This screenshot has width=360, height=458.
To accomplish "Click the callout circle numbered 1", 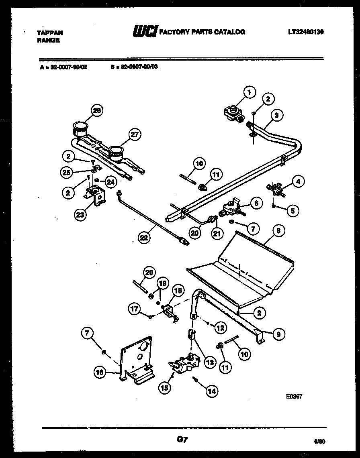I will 249,93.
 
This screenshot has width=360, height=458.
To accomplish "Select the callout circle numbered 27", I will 135,134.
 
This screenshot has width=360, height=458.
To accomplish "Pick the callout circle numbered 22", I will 143,238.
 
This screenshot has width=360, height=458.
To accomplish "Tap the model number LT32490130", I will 306,32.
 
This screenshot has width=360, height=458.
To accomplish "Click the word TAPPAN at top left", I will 50,33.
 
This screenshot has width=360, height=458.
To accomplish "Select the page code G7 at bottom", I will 182,440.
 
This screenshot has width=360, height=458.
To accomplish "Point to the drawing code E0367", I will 294,395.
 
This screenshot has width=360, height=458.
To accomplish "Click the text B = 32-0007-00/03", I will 134,67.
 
